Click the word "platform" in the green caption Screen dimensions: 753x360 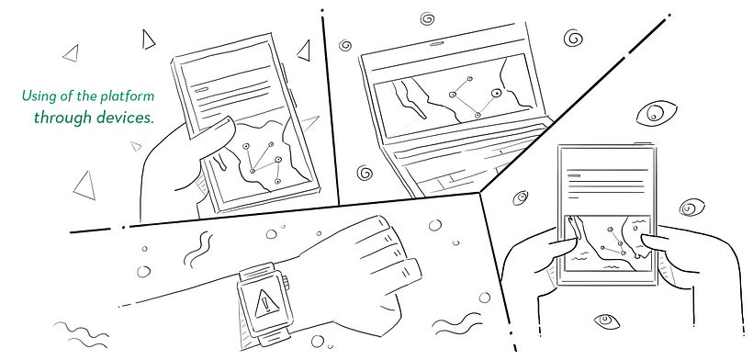click(127, 96)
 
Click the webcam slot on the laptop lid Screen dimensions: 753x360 click(436, 44)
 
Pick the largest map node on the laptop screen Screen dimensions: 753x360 click(497, 93)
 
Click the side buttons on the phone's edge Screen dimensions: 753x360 click(287, 84)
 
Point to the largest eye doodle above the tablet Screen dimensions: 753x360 click(656, 114)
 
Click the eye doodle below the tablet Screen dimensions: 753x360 click(606, 321)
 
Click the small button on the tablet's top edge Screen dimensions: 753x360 click(642, 143)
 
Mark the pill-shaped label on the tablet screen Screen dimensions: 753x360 click(574, 175)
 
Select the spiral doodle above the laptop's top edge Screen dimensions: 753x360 click(427, 18)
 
